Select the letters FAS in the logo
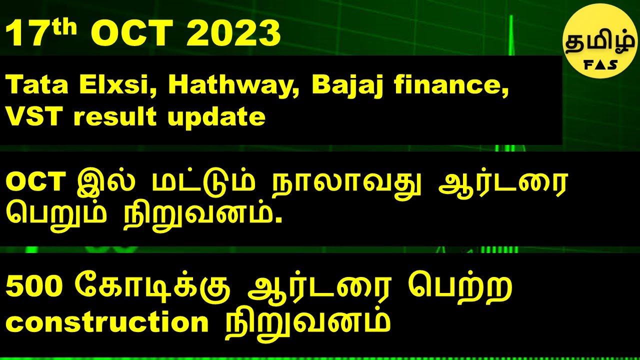pos(599,64)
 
